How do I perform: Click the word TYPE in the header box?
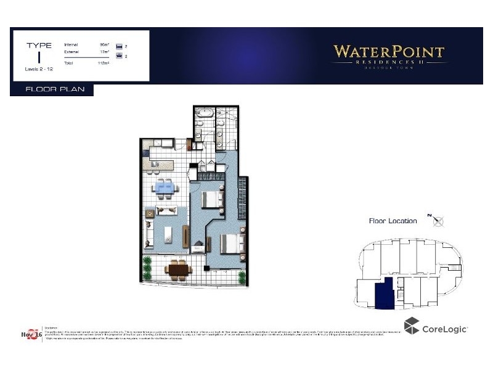pos(39,45)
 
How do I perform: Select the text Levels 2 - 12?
pos(39,68)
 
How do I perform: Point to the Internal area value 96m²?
pos(104,45)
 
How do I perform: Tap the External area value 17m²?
pos(104,54)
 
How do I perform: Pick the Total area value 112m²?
pos(104,63)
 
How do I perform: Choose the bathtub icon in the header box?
pos(120,56)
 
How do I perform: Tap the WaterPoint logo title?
pos(389,52)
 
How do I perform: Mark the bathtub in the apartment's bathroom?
pos(203,113)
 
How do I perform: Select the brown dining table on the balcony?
pos(177,269)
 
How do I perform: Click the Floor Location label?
pos(393,221)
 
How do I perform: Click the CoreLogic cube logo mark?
pos(411,326)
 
